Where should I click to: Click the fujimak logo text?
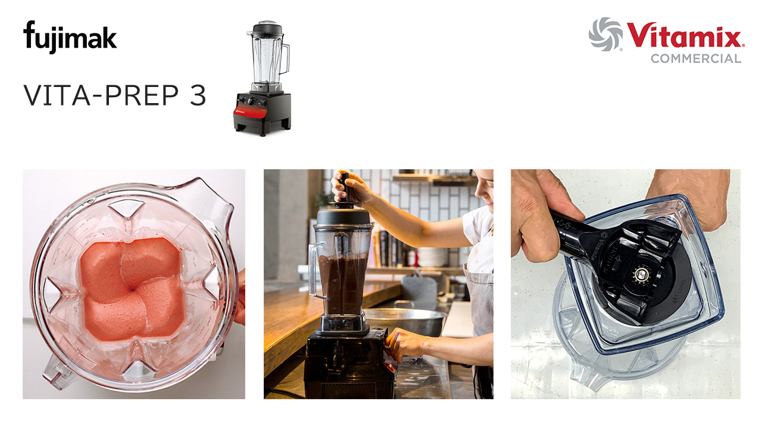[70, 37]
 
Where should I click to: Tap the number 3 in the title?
[198, 95]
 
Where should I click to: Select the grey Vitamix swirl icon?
[605, 34]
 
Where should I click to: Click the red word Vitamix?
[685, 38]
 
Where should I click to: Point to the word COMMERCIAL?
[695, 58]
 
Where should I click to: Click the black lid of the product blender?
[266, 28]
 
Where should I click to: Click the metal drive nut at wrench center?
[641, 273]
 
